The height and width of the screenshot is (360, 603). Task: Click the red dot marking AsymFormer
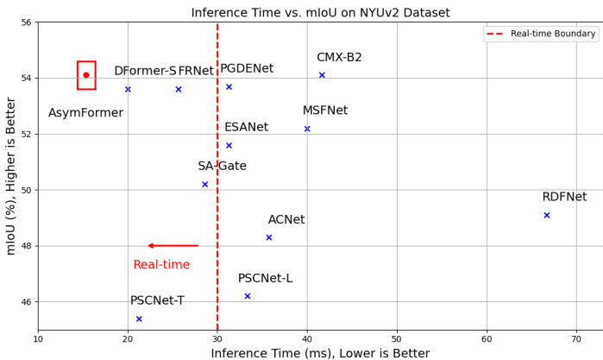[86, 75]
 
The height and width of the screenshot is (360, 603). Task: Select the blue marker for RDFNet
[547, 215]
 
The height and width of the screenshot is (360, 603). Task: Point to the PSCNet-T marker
[139, 319]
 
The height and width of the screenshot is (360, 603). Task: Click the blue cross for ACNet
[269, 237]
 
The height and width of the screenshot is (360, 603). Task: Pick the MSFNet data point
[307, 129]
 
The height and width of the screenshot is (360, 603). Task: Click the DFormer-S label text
[145, 71]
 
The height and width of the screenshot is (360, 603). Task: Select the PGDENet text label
[247, 68]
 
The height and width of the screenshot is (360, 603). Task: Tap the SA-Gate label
[222, 166]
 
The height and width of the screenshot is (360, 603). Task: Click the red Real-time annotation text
[161, 264]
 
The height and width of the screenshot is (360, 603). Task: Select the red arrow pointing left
[173, 246]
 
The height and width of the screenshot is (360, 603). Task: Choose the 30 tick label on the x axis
[217, 339]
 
